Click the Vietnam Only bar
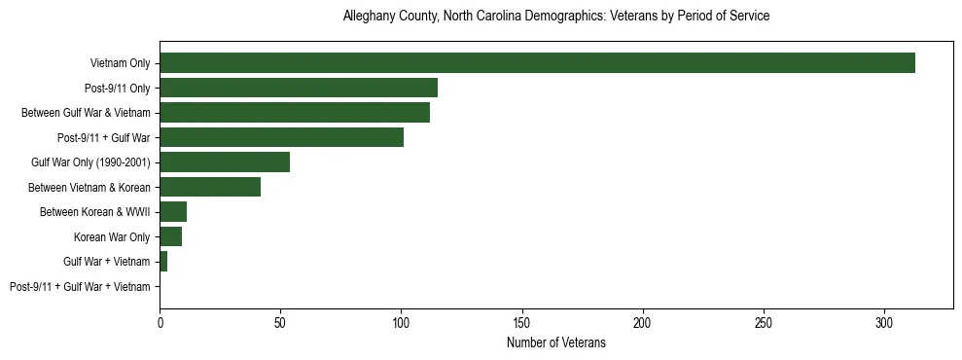click(x=537, y=63)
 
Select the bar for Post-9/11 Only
click(x=299, y=88)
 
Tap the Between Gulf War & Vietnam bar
click(x=295, y=113)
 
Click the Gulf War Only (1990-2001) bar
click(x=225, y=162)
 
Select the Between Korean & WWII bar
click(x=173, y=212)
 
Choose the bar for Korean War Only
click(x=170, y=236)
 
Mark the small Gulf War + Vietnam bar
click(x=163, y=262)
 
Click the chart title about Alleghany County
click(x=556, y=17)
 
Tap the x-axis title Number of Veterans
click(x=556, y=342)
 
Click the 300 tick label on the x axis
click(x=884, y=322)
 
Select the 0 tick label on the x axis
click(x=160, y=322)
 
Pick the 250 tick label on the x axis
click(x=764, y=322)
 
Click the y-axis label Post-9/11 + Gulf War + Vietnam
click(x=80, y=287)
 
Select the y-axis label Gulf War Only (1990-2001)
click(x=90, y=162)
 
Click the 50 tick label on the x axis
click(x=280, y=322)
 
